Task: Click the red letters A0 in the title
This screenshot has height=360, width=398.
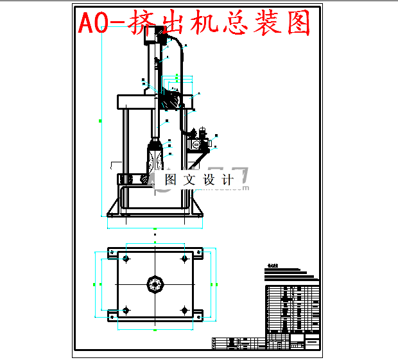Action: click(93, 24)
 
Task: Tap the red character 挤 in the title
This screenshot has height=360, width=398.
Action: click(141, 24)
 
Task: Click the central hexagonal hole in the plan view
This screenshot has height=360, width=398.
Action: click(155, 284)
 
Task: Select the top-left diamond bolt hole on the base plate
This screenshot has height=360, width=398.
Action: click(125, 259)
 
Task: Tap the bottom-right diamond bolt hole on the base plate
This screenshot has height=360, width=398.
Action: click(185, 311)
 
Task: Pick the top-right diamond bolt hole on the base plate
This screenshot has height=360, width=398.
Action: click(185, 259)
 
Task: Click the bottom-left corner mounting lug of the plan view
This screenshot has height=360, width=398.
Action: click(111, 314)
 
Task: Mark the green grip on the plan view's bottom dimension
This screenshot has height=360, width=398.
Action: click(155, 329)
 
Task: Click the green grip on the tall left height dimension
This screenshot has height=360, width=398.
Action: click(100, 120)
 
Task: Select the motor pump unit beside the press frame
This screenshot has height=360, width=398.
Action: click(198, 142)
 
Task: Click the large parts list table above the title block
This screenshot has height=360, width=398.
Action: click(292, 308)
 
